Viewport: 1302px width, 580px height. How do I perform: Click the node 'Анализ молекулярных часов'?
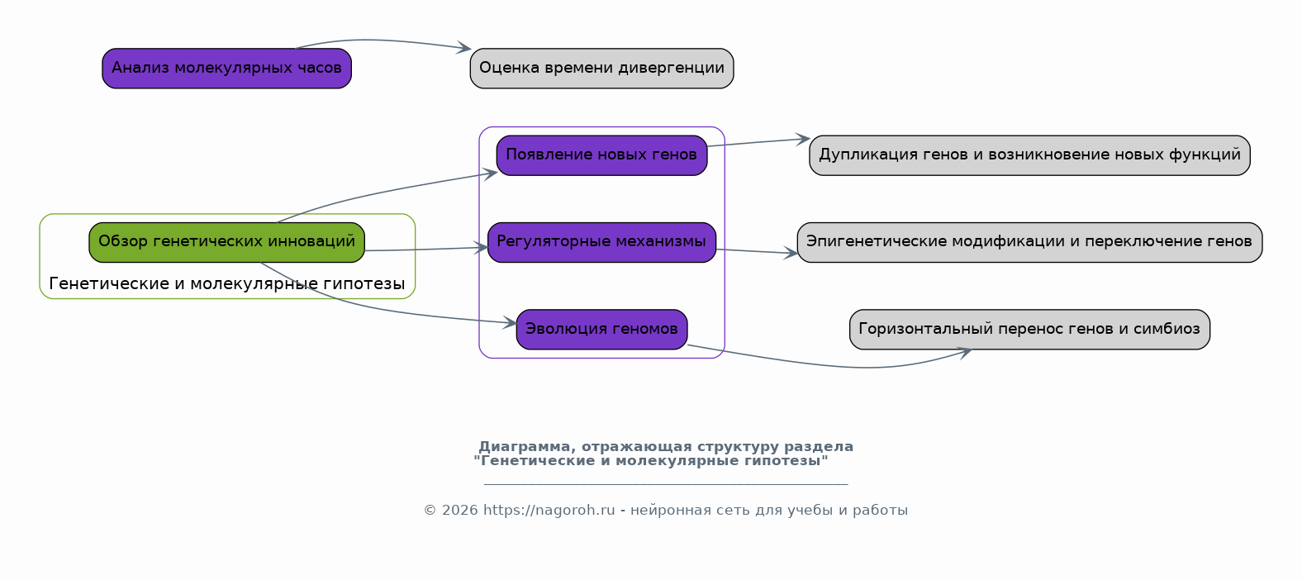[x=226, y=69]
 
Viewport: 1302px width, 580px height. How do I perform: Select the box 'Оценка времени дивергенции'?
[x=601, y=69]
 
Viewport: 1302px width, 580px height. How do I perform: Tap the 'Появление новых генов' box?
[x=601, y=155]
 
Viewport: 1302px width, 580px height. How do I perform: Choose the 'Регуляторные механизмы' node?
[x=601, y=242]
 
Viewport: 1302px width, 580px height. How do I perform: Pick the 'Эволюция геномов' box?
[x=601, y=330]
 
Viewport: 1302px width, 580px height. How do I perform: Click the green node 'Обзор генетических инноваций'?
[x=226, y=242]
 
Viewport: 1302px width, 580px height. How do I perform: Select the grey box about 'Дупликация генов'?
[x=1029, y=155]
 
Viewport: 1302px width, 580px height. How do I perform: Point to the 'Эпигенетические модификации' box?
[x=1029, y=242]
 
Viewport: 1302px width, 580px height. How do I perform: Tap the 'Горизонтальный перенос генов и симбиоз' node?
[x=1029, y=330]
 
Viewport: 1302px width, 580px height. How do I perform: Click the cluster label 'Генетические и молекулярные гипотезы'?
[x=226, y=283]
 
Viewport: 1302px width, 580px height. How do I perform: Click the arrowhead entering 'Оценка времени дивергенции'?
[x=464, y=48]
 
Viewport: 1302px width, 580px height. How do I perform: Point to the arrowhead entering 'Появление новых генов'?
[x=491, y=173]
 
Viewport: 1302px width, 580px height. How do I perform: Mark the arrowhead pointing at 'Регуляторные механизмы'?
[x=482, y=248]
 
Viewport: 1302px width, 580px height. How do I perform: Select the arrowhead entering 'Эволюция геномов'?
[x=511, y=322]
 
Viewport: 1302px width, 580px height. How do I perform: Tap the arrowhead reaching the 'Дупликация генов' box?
[x=803, y=138]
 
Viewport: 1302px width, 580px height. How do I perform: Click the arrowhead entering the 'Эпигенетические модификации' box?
[x=791, y=253]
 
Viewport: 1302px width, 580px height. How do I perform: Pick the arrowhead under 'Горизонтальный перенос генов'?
[x=965, y=352]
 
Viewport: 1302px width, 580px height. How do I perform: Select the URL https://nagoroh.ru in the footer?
[x=549, y=511]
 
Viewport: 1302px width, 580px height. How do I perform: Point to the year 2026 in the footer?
[x=460, y=511]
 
